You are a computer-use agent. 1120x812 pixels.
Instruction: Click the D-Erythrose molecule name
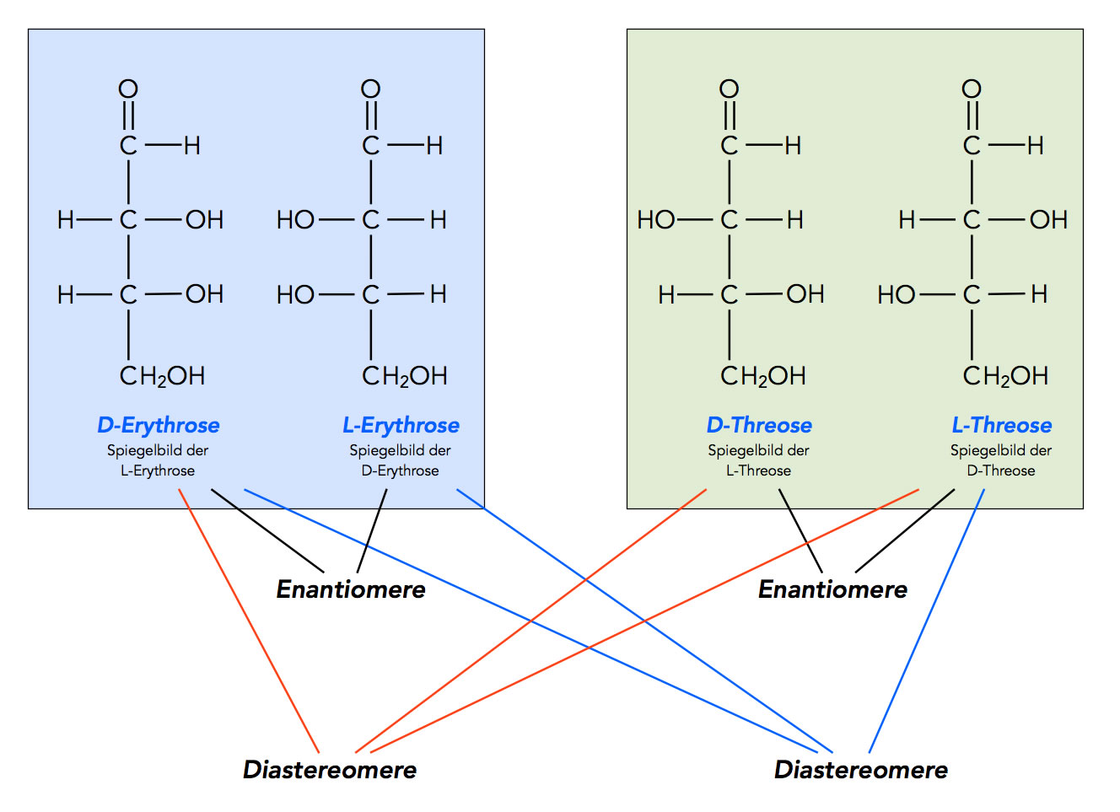coord(159,425)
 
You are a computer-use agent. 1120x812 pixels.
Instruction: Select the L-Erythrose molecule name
coord(401,425)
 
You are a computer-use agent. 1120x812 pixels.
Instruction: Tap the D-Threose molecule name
coord(759,425)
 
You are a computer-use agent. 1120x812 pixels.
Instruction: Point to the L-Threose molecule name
coord(1002,425)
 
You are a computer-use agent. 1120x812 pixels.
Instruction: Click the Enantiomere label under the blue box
coord(351,589)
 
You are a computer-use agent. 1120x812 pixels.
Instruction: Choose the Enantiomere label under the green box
coord(832,589)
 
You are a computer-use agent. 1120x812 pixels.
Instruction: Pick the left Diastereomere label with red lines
coord(330,769)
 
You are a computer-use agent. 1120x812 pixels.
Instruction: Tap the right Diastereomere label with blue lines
coord(861,769)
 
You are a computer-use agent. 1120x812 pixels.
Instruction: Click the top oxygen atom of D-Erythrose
coord(128,89)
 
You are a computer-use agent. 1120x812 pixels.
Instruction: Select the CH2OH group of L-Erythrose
coord(405,375)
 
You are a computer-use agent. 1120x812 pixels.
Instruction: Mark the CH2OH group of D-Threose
coord(763,375)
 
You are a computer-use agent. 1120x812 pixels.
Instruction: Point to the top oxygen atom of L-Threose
coord(972,89)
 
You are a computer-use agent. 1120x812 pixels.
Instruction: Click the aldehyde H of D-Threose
coord(793,145)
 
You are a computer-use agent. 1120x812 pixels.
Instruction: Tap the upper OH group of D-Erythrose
coord(204,220)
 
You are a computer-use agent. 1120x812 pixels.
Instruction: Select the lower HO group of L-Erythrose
coord(295,294)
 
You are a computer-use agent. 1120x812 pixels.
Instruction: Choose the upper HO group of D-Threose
coord(656,220)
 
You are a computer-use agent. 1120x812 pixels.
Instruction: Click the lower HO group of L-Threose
coord(896,294)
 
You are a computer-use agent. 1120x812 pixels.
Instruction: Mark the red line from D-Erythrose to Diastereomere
coord(249,620)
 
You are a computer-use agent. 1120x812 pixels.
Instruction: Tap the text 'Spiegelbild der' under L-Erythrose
coord(401,450)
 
